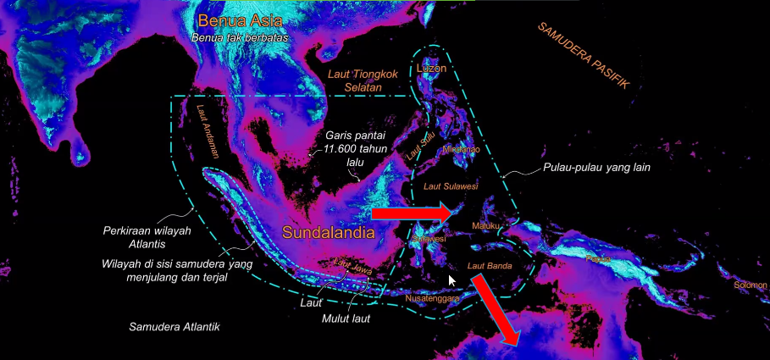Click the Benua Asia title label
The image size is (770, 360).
click(x=238, y=21)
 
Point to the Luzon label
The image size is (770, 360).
click(x=431, y=66)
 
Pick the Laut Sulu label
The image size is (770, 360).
click(x=421, y=145)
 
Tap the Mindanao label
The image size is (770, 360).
click(x=461, y=150)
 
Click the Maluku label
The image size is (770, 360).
click(x=486, y=225)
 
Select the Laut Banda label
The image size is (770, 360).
click(x=491, y=267)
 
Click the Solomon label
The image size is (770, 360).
click(x=751, y=285)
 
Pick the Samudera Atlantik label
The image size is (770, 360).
click(x=174, y=326)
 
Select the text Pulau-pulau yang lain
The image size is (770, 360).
click(x=596, y=167)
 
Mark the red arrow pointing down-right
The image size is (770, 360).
click(x=496, y=310)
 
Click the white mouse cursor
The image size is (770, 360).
click(x=452, y=280)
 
